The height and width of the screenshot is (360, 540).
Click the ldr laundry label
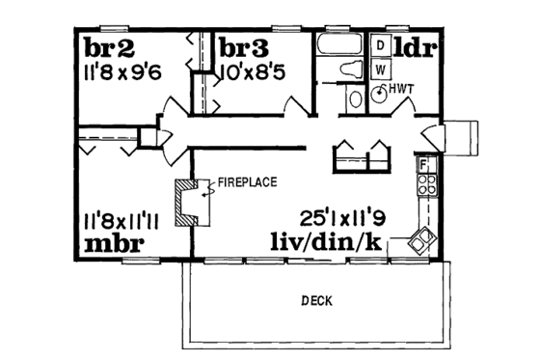pyautogui.click(x=417, y=46)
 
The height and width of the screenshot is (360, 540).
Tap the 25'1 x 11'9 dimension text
pyautogui.click(x=330, y=217)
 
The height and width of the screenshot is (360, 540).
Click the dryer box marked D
pyautogui.click(x=381, y=45)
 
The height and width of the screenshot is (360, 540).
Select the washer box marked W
pyautogui.click(x=381, y=69)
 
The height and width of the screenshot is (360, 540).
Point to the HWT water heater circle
pyautogui.click(x=381, y=93)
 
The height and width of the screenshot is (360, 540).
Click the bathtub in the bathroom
pyautogui.click(x=340, y=45)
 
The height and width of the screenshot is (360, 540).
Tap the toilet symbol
pyautogui.click(x=352, y=69)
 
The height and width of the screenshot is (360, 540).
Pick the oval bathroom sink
pyautogui.click(x=355, y=97)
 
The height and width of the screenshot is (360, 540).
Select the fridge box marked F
pyautogui.click(x=421, y=165)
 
